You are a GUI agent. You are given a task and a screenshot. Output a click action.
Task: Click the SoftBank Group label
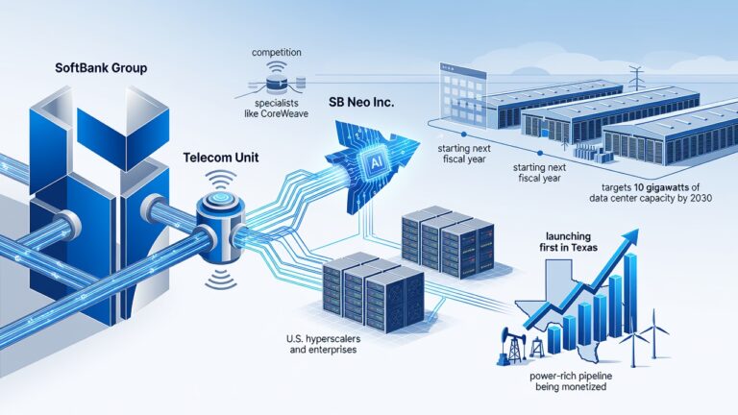point(101,68)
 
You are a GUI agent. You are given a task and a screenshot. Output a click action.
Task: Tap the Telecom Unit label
point(221,158)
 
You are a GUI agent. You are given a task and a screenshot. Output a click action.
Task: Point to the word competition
point(277,52)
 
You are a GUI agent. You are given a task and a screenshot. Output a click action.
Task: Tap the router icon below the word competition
point(277,83)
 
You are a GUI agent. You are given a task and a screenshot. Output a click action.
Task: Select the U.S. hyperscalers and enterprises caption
point(323,344)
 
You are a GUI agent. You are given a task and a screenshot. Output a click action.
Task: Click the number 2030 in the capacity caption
point(699,198)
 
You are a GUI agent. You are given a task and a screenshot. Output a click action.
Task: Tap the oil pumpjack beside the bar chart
point(511,346)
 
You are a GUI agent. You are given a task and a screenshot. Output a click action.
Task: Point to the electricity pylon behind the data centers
point(635,78)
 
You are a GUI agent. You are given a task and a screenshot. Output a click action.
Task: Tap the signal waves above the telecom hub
point(221,182)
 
